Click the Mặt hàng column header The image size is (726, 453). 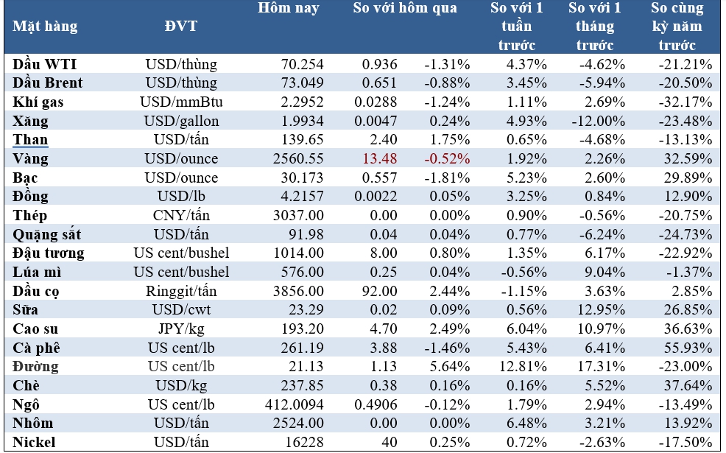point(45,27)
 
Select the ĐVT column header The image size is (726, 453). point(181,27)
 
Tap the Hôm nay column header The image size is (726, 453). point(288,9)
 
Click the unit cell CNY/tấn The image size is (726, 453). point(181,216)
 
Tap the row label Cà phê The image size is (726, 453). point(37,348)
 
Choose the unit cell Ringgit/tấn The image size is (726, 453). point(181,291)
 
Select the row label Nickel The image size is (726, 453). point(35,442)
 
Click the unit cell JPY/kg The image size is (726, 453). point(181,329)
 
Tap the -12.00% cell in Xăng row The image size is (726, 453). point(600,121)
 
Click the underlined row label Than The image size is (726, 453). point(30,140)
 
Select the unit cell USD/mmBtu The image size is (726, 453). point(181,102)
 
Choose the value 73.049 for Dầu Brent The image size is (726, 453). point(303,83)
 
